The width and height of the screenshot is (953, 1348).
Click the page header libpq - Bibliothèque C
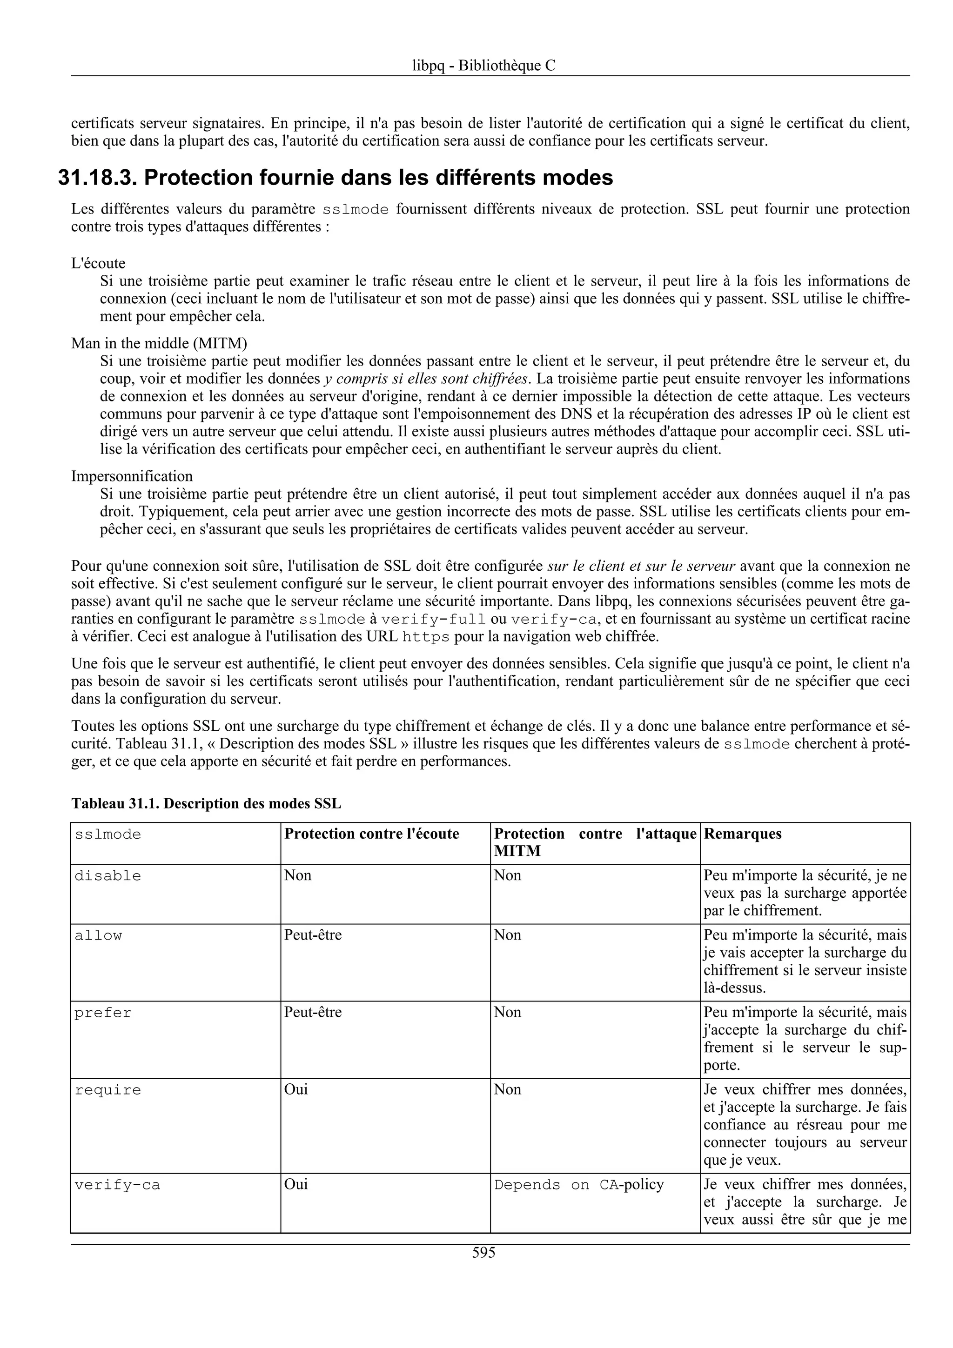pyautogui.click(x=483, y=66)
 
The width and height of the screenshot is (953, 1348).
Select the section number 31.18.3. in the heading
pyautogui.click(x=97, y=177)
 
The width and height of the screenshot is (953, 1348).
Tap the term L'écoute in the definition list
pyautogui.click(x=98, y=263)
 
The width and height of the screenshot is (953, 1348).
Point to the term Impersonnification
pyautogui.click(x=132, y=475)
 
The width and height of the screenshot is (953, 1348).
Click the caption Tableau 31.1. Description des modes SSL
pyautogui.click(x=206, y=804)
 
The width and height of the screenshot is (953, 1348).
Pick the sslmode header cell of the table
pyautogui.click(x=108, y=834)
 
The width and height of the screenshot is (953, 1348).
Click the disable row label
pyautogui.click(x=108, y=876)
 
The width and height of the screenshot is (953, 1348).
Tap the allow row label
pyautogui.click(x=98, y=935)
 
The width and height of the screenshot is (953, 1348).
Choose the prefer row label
pyautogui.click(x=103, y=1013)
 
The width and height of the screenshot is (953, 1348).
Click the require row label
pyautogui.click(x=108, y=1090)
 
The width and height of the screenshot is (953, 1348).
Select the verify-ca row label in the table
pyautogui.click(x=117, y=1185)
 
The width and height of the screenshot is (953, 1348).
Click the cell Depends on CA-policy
pyautogui.click(x=578, y=1185)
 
